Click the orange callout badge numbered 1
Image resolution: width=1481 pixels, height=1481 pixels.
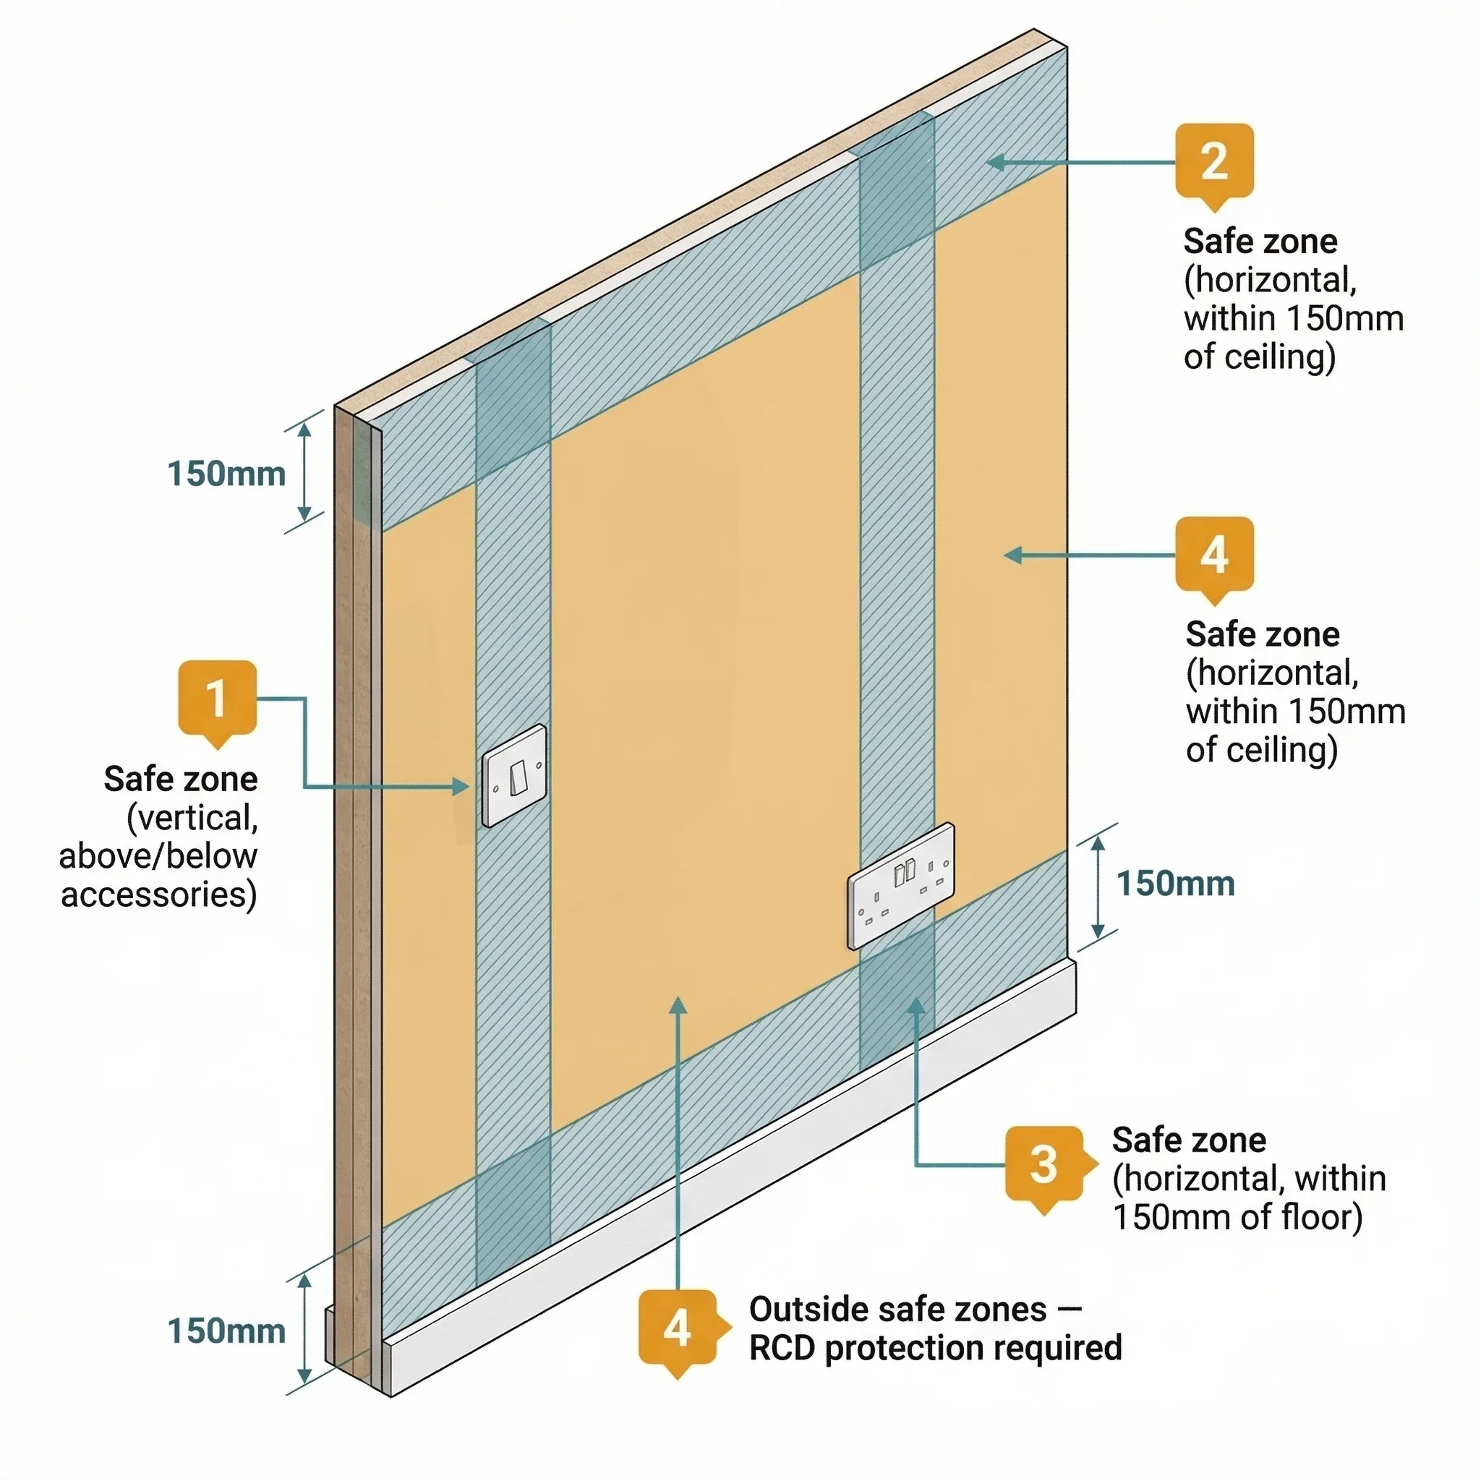pos(217,699)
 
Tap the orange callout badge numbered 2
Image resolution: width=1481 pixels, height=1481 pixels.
pos(1214,162)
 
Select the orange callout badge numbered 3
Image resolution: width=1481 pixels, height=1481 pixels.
pos(1043,1164)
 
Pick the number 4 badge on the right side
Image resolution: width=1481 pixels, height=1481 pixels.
pos(1214,555)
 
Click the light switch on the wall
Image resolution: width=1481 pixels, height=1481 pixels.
pos(514,776)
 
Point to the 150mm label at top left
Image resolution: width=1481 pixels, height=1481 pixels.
pos(226,474)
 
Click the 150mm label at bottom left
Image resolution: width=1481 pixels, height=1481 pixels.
pos(226,1331)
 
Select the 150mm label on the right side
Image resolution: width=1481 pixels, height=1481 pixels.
pos(1175,884)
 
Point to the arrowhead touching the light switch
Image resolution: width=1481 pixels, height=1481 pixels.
pos(461,787)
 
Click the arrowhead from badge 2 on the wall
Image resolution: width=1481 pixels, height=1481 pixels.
pos(994,163)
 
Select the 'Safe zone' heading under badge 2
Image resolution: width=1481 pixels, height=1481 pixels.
pos(1260,242)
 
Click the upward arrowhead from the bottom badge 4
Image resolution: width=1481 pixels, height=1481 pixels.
pos(678,1005)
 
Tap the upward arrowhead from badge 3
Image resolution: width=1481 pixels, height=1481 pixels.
pos(917,1005)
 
